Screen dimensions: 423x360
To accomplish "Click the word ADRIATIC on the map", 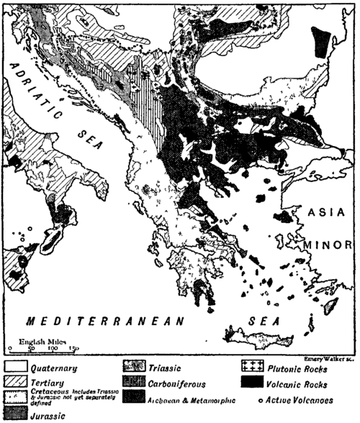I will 35,81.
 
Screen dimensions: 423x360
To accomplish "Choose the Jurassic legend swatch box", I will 16,415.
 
